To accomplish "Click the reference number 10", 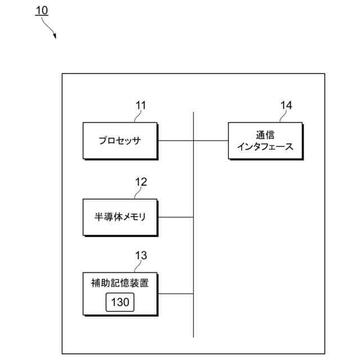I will pyautogui.click(x=42, y=11).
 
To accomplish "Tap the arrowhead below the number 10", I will pyautogui.click(x=55, y=37).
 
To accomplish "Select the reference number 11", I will pyautogui.click(x=141, y=105).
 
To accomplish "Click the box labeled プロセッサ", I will pyautogui.click(x=120, y=141).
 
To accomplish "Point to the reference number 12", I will pyautogui.click(x=141, y=181).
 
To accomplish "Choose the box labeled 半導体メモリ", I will pyautogui.click(x=120, y=217).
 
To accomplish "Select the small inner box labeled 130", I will pyautogui.click(x=120, y=303).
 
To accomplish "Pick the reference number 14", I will pyautogui.click(x=286, y=105).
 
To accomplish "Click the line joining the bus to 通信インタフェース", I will pyautogui.click(x=211, y=141).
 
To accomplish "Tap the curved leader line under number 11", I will pyautogui.click(x=137, y=116).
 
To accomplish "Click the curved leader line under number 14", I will pyautogui.click(x=282, y=116).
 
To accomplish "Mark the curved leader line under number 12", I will pyautogui.click(x=137, y=192).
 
